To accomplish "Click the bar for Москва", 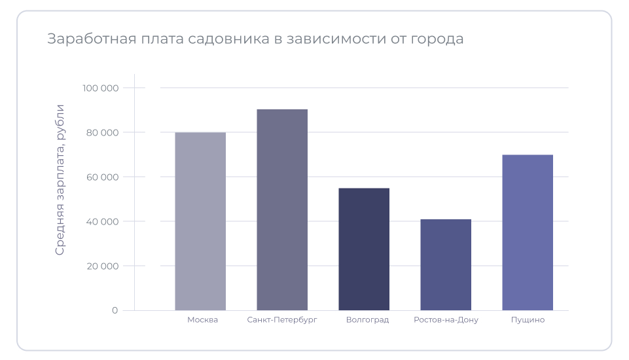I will point(200,221).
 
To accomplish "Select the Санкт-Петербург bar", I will point(282,209).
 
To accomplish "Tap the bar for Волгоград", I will point(364,249).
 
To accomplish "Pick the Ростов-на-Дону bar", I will point(446,264).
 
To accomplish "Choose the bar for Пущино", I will point(528,232).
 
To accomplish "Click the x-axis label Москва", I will point(202,320).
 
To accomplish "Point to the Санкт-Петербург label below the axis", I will point(282,320).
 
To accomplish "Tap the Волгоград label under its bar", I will point(367,320).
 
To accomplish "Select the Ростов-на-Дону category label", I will point(446,320).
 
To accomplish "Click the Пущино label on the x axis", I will point(528,320).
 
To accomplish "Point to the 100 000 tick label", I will point(101,88).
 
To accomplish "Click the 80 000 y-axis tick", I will point(103,133).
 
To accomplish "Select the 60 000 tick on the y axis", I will point(103,177).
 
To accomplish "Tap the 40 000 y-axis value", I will point(103,222).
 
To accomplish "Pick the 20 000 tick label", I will point(103,266).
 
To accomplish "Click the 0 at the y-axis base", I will point(115,310).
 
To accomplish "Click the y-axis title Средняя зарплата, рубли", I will point(60,179).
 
